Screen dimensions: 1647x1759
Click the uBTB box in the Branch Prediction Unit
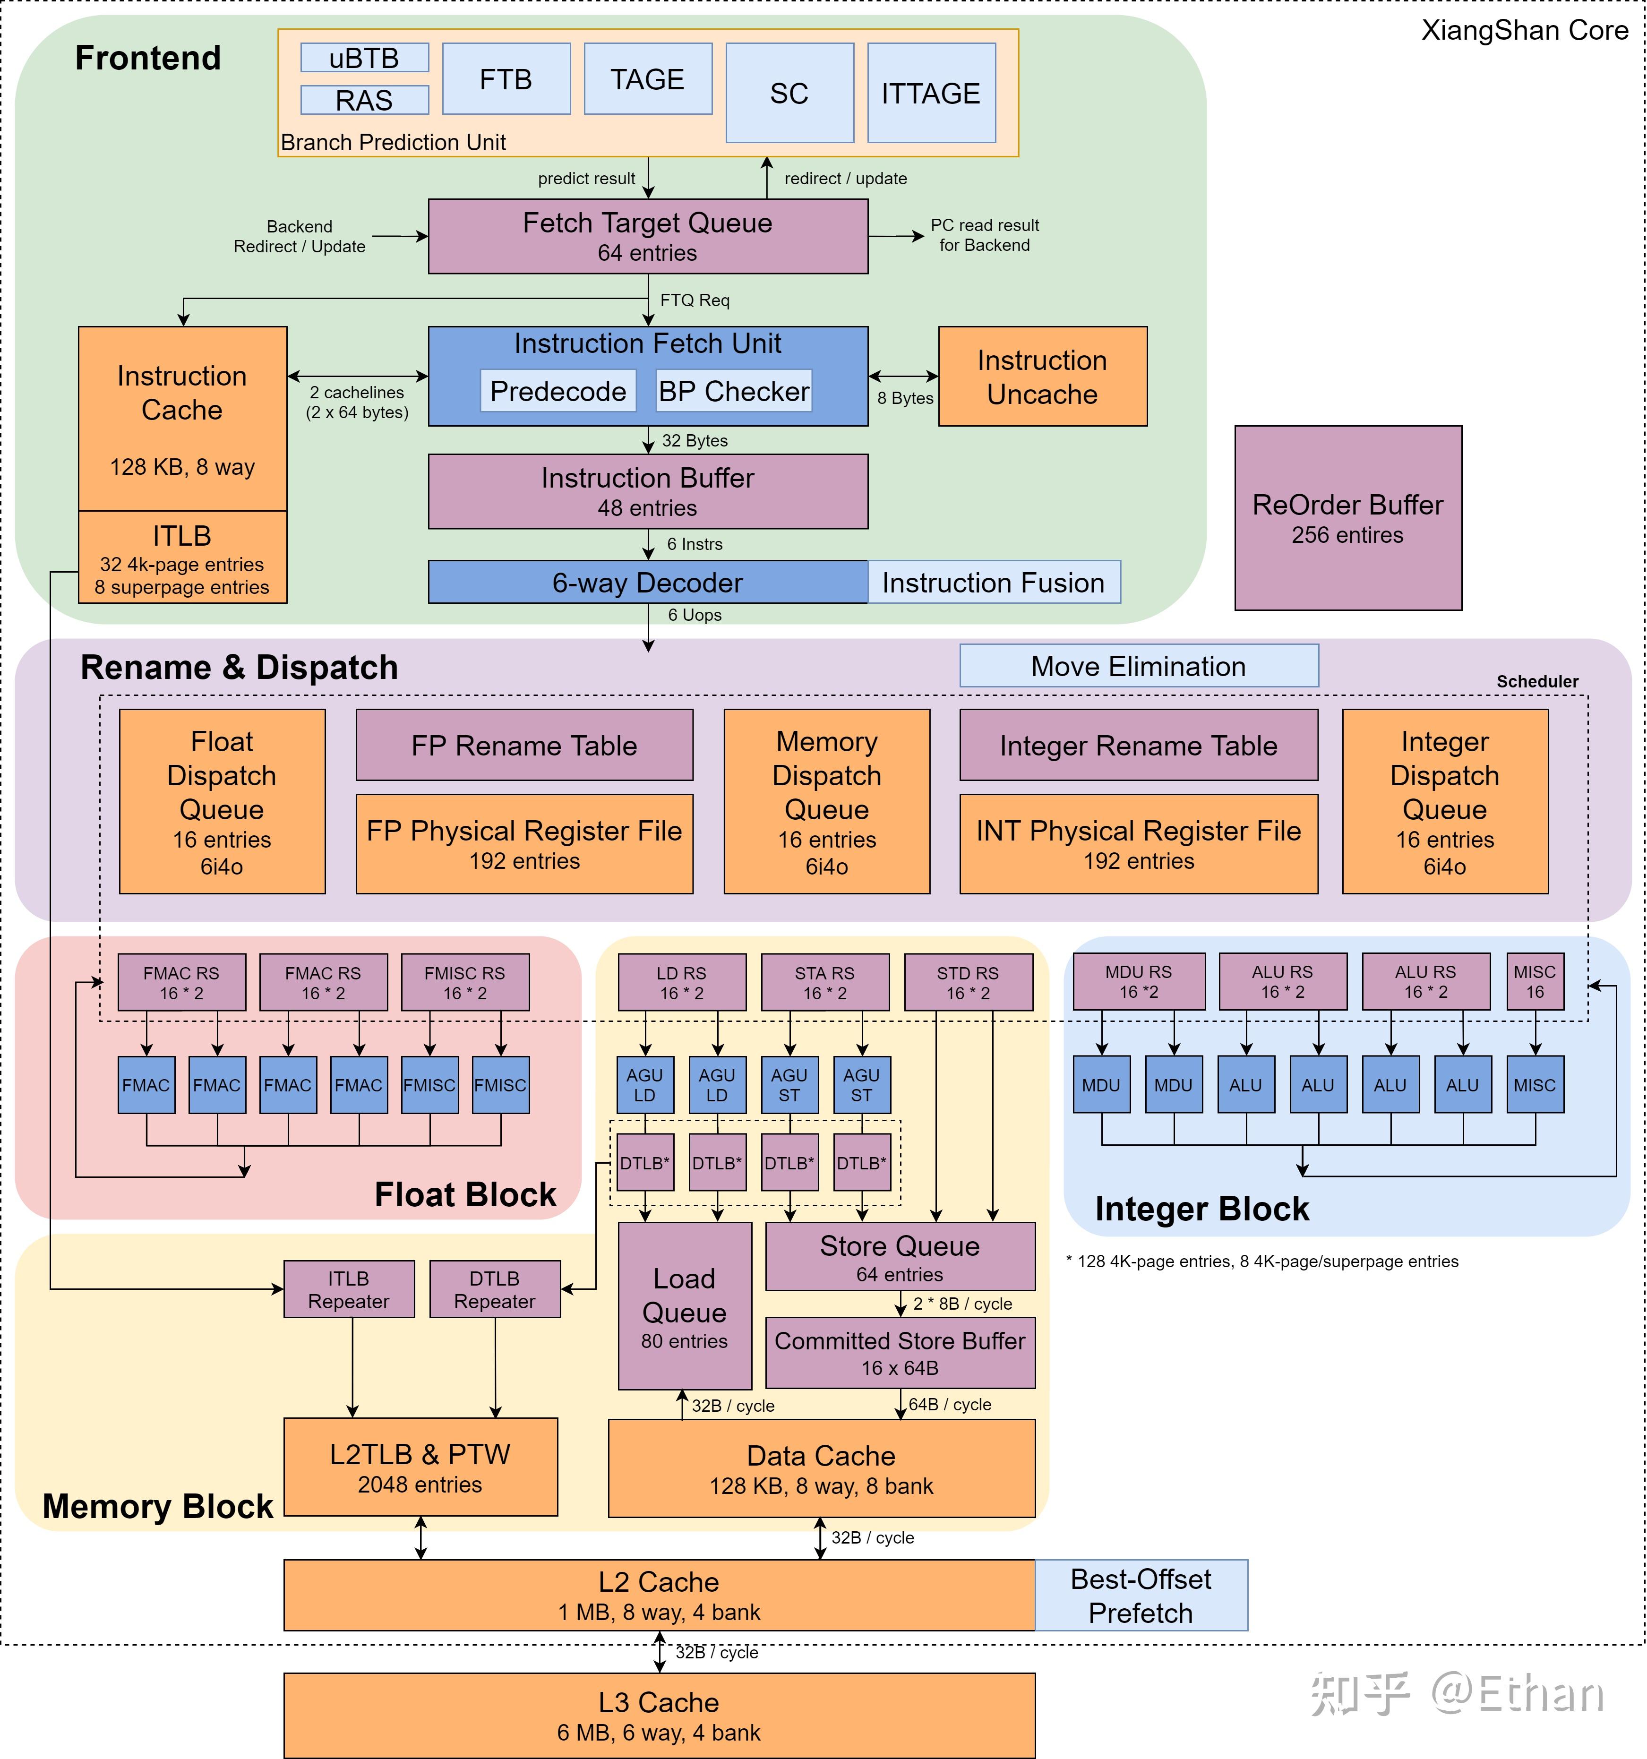click(365, 58)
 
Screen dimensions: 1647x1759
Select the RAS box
click(365, 100)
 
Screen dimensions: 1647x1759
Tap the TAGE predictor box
click(648, 79)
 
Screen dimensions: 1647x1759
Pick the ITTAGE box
click(931, 93)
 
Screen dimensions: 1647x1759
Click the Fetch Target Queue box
click(648, 236)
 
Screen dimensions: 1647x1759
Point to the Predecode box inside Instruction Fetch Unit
click(558, 390)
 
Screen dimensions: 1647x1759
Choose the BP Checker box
click(734, 390)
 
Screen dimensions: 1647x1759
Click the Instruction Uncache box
click(1043, 376)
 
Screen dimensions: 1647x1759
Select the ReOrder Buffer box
click(1348, 518)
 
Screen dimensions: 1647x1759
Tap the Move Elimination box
click(1139, 665)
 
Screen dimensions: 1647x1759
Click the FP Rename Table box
click(524, 745)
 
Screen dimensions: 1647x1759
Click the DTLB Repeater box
click(495, 1289)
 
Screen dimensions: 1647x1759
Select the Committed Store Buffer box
click(900, 1353)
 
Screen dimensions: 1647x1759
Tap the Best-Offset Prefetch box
click(1141, 1596)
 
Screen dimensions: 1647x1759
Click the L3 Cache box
click(660, 1716)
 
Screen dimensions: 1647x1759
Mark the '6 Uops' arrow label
click(695, 615)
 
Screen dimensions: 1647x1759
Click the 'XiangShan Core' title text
click(1525, 31)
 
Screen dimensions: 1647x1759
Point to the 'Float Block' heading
click(465, 1194)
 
